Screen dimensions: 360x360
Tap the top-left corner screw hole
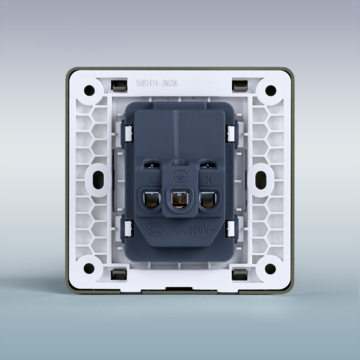(89, 91)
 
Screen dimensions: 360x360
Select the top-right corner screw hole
(271, 91)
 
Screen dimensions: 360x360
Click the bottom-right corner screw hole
(271, 269)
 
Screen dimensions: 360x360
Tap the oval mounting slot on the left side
(99, 180)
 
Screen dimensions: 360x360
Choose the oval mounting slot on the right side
(262, 180)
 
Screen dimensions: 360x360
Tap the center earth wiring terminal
(180, 200)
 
